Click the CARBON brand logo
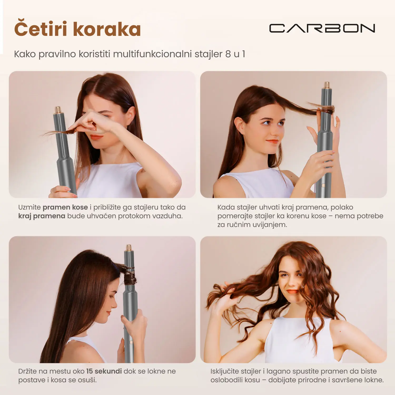pos(322,28)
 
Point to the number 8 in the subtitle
pos(228,54)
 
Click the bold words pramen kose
pos(65,207)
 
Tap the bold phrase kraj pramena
pos(42,216)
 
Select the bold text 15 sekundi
pos(104,371)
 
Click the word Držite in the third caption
pos(27,371)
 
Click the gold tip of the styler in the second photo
pos(327,85)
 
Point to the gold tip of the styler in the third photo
pos(129,248)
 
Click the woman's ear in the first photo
pos(130,115)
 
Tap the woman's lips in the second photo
pos(272,141)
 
